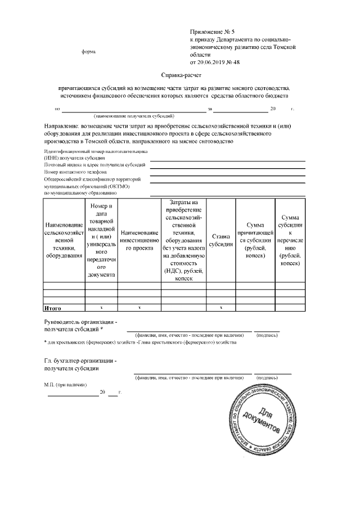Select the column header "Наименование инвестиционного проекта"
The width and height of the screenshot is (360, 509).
click(x=139, y=240)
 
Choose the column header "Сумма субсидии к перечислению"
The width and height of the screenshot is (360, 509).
click(x=290, y=240)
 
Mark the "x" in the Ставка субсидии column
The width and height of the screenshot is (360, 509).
click(x=220, y=308)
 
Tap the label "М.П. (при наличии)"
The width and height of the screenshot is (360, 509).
click(x=65, y=385)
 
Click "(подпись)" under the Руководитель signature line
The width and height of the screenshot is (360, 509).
click(x=267, y=335)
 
